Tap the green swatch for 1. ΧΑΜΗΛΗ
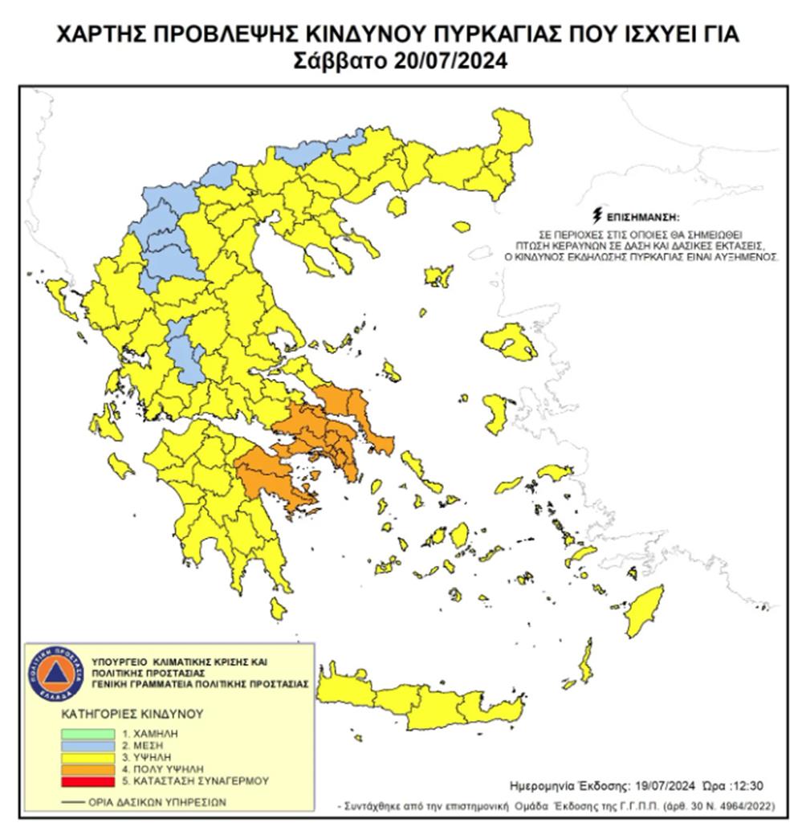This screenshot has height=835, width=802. click(87, 733)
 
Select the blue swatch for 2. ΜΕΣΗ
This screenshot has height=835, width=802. click(87, 745)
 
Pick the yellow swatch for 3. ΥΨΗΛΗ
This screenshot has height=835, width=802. click(87, 756)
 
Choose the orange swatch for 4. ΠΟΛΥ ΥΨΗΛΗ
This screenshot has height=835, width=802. click(87, 768)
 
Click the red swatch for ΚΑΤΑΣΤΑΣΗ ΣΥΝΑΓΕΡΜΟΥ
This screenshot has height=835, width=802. click(87, 780)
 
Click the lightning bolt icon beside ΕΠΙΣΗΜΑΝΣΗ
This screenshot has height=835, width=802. click(596, 215)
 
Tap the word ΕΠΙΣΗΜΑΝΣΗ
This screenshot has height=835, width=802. click(643, 218)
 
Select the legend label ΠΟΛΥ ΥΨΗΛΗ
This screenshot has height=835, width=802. click(163, 768)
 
